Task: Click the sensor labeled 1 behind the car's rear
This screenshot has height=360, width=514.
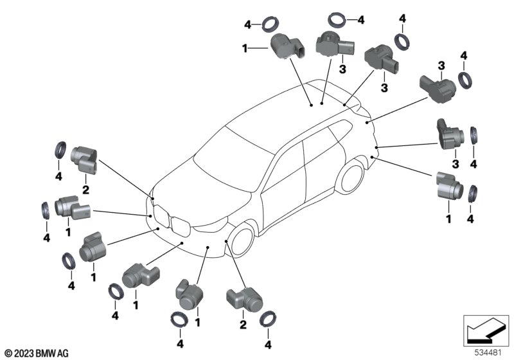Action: point(448,186)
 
